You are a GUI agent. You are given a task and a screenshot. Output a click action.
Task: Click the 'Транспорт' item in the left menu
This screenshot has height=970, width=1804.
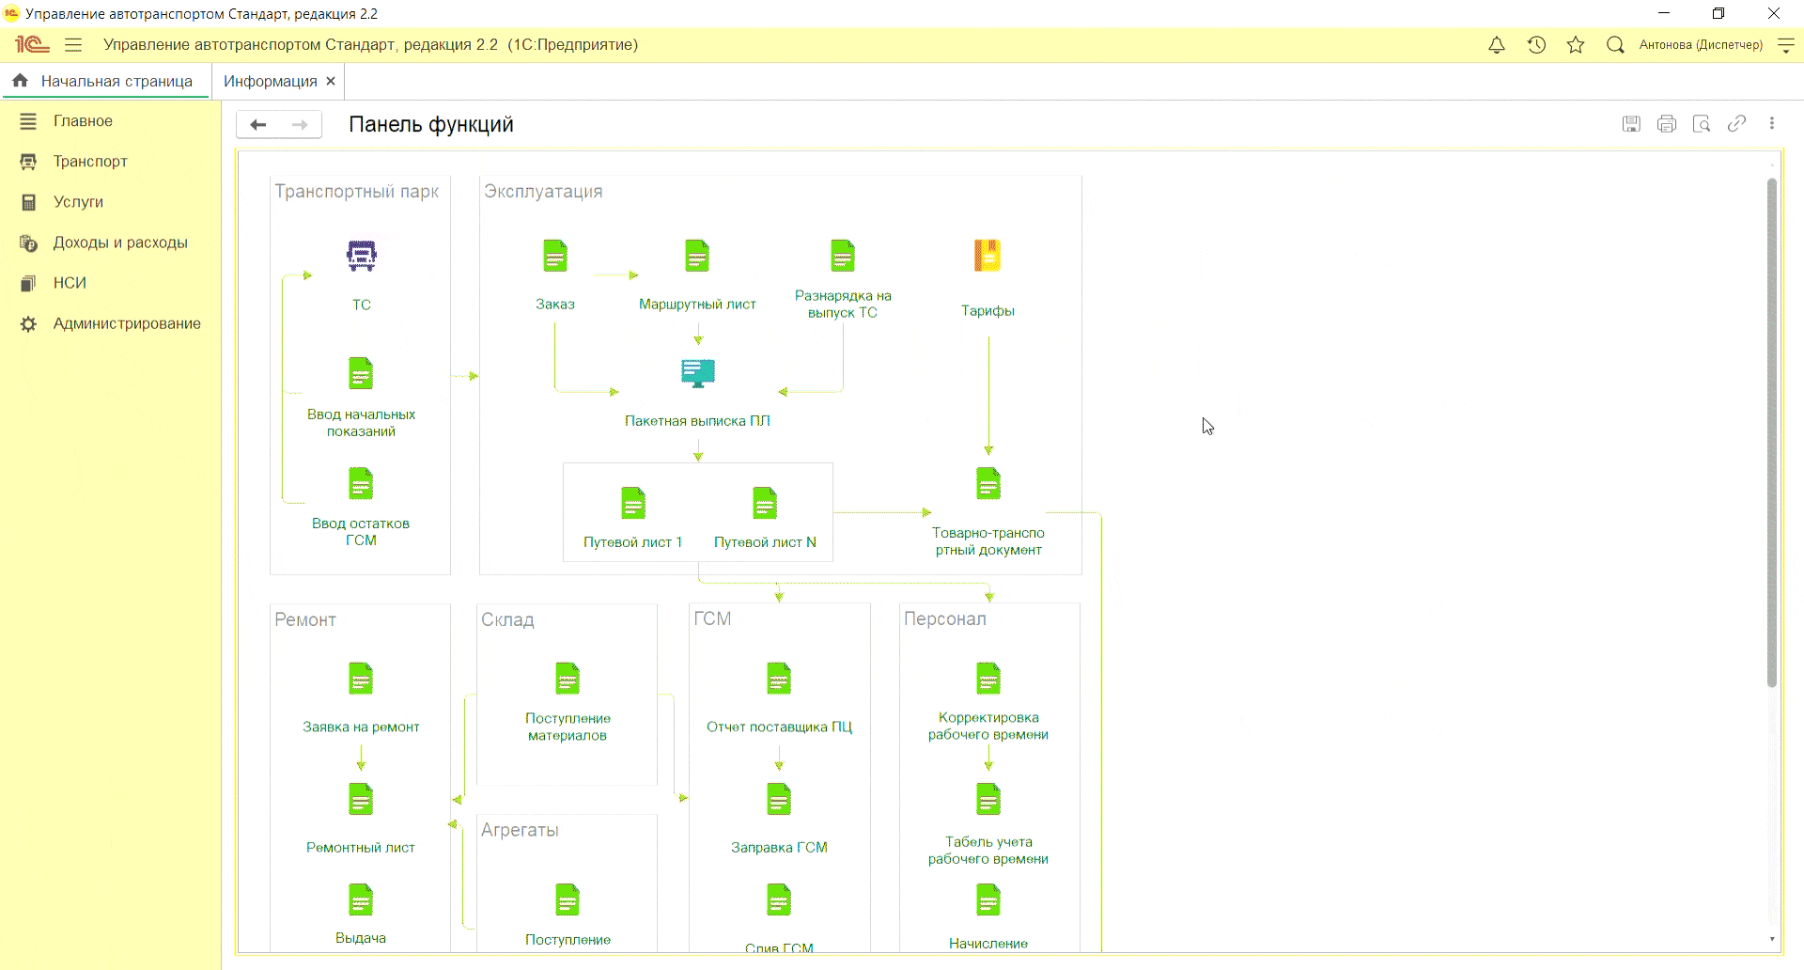(x=90, y=162)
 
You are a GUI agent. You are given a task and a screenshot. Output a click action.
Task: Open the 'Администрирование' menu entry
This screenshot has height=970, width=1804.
(x=127, y=323)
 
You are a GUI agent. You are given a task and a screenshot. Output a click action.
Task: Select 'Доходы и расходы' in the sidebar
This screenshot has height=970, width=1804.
(x=120, y=242)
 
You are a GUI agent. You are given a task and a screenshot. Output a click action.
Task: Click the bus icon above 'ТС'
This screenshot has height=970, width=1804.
(x=362, y=256)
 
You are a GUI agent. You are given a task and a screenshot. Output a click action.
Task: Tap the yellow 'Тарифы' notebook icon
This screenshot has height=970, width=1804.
(x=988, y=256)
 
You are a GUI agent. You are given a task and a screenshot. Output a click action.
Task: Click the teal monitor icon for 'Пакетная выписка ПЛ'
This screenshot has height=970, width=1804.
(x=698, y=373)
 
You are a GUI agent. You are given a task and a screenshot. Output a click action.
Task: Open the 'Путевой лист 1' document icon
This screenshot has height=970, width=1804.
(x=633, y=503)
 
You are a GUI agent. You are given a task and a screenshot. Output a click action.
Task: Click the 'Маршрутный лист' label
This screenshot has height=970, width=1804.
(x=697, y=305)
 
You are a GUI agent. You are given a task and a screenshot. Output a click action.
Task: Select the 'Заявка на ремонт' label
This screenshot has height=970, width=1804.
(x=361, y=727)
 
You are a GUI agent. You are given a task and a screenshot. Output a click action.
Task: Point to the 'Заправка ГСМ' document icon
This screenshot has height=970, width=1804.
(x=779, y=799)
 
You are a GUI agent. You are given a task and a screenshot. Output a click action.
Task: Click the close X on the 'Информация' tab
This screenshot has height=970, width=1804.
(x=331, y=82)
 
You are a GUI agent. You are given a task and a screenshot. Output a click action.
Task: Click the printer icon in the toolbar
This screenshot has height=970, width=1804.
(x=1667, y=124)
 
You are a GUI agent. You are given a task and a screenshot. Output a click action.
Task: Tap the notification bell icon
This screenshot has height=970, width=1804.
(x=1497, y=45)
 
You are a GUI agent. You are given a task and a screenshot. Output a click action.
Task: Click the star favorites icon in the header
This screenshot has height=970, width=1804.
(x=1576, y=45)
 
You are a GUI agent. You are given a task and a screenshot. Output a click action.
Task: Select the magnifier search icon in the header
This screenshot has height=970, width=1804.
(x=1615, y=45)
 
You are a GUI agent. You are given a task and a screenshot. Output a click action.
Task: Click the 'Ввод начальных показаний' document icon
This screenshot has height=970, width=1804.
(x=361, y=373)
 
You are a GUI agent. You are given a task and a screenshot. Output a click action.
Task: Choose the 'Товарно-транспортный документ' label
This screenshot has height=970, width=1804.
(x=988, y=541)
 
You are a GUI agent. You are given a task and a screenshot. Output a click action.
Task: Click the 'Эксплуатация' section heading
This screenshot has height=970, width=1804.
(x=543, y=192)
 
